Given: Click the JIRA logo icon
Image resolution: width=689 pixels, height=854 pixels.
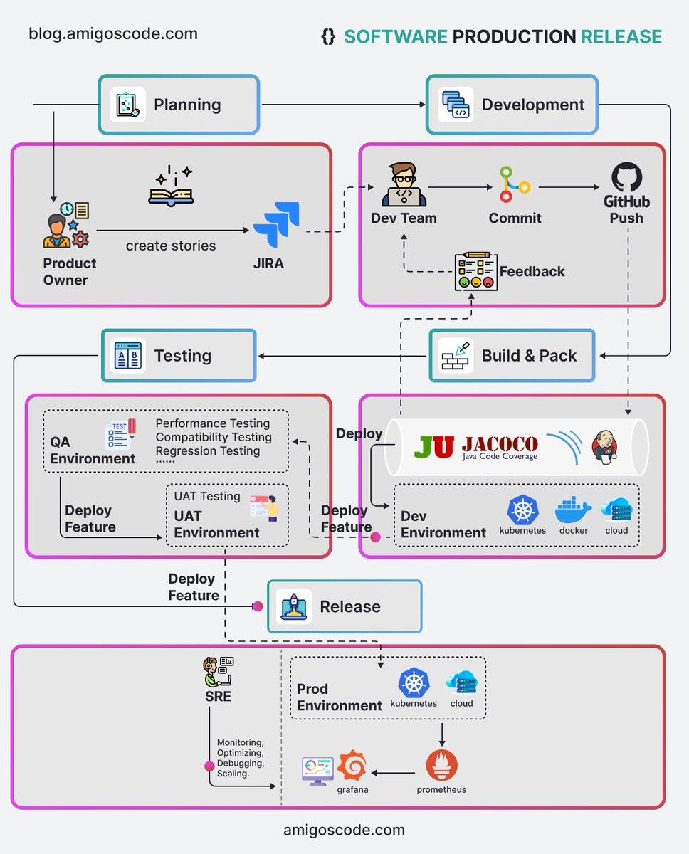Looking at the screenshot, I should (x=277, y=224).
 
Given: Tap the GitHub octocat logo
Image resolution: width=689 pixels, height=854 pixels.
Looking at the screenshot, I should (x=626, y=177).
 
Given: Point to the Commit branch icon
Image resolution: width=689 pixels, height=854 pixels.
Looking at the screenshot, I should (x=514, y=185).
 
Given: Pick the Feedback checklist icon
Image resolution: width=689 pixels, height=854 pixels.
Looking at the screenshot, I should (x=475, y=271).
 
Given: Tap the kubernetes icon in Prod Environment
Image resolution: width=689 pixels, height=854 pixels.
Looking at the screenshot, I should (x=414, y=682).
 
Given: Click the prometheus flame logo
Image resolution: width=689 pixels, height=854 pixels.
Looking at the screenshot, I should (x=441, y=766).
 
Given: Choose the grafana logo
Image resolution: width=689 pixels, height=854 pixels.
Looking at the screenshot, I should (x=352, y=766).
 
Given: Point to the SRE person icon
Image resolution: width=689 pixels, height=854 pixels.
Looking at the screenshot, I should (x=218, y=671).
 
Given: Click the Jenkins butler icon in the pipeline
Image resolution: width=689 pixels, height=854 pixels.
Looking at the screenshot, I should (x=604, y=447).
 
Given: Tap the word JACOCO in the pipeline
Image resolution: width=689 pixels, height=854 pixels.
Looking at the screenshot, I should (x=500, y=444).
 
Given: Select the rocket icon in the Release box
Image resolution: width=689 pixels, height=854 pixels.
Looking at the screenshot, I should (x=293, y=606).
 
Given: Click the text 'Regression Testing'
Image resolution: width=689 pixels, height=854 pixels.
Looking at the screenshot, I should (x=208, y=450).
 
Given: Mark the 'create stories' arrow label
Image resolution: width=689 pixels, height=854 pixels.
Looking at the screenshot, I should (x=171, y=246).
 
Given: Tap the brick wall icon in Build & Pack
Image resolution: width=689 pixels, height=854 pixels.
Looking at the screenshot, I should (x=456, y=355).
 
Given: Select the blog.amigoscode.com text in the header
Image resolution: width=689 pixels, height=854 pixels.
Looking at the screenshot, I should (x=113, y=33).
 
